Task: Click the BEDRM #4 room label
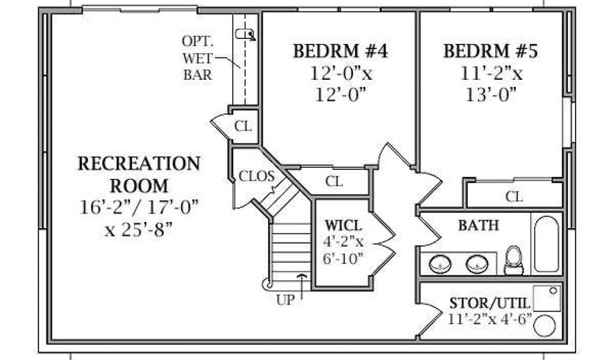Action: [341, 51]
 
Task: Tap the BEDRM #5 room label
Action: [490, 51]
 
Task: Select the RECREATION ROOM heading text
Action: [139, 175]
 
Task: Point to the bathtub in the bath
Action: [546, 244]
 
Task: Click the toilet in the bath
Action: [513, 260]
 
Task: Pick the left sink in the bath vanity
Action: [440, 263]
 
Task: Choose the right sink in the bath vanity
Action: [477, 263]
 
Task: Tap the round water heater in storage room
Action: [544, 325]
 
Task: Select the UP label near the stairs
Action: [285, 299]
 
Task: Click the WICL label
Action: [344, 226]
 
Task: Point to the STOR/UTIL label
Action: [489, 303]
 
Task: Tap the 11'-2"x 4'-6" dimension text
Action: [490, 319]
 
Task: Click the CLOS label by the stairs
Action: [257, 176]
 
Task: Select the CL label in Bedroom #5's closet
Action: [514, 196]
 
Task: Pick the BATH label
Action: [478, 225]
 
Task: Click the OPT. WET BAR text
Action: [198, 58]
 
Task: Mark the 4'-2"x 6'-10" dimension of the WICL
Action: [343, 250]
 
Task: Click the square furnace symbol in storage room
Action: [547, 298]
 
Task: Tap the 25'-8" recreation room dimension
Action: [139, 229]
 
